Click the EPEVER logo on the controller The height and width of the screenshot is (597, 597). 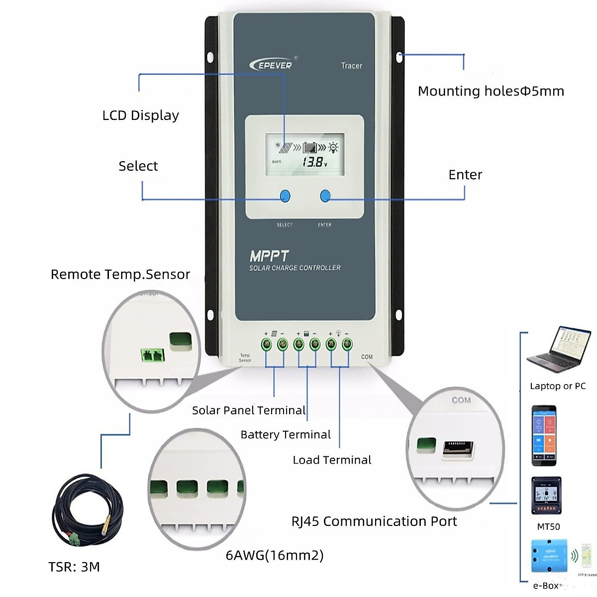[x=271, y=65]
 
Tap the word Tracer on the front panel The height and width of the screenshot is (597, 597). [x=351, y=66]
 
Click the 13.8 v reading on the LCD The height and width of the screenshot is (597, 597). [x=314, y=162]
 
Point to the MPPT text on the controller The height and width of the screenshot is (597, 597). [x=269, y=256]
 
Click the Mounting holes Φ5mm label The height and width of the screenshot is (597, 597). [x=491, y=91]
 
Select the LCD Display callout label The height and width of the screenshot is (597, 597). [x=140, y=115]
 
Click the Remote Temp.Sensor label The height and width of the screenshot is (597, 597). [x=120, y=275]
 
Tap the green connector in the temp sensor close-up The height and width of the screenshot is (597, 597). [x=152, y=355]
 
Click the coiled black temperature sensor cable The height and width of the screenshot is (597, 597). [x=80, y=512]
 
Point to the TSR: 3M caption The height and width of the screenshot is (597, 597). [x=74, y=567]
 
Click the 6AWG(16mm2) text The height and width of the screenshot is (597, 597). [x=275, y=555]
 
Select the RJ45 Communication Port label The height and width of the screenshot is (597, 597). [x=374, y=521]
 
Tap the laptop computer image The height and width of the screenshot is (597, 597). [x=559, y=351]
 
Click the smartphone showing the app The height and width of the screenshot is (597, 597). [x=544, y=435]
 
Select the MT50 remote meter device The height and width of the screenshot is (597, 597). [x=547, y=496]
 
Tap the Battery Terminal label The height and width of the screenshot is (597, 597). [x=286, y=435]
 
